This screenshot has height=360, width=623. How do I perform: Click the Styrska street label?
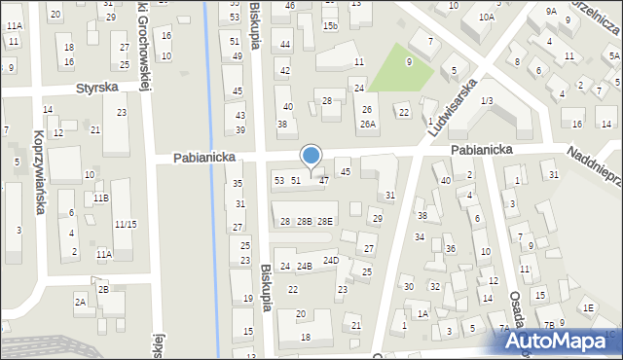98,87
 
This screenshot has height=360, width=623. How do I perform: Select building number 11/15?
124,224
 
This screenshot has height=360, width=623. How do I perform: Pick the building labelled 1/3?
486,101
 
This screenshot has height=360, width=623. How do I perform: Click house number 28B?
305,222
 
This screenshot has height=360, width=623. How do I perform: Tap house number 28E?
325,222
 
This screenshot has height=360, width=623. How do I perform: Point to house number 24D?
331,260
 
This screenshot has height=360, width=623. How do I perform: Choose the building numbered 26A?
367,124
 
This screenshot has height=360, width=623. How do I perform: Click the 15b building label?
330,25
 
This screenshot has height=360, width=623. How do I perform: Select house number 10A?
486,17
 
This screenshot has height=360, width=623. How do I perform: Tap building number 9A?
551,12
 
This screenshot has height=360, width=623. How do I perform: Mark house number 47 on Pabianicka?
324,180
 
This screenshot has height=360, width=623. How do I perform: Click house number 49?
237,56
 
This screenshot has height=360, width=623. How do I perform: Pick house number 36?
450,249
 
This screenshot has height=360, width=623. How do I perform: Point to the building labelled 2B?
103,289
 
